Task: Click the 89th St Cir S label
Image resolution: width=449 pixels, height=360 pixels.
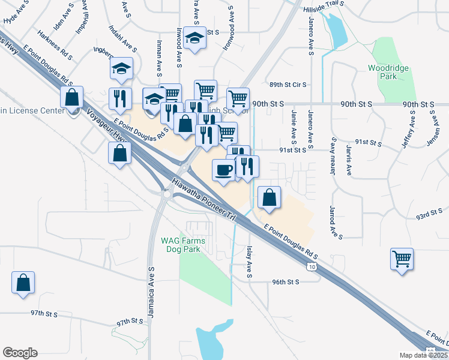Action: coord(288,85)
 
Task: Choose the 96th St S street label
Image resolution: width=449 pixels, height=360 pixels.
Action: coord(285,281)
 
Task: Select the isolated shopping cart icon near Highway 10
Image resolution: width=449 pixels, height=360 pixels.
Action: coord(402,259)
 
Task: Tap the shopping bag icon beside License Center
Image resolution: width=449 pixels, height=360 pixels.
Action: coord(72,97)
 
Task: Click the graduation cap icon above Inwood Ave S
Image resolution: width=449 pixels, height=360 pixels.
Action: coord(194,38)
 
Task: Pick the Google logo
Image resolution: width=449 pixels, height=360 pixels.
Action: coord(20,353)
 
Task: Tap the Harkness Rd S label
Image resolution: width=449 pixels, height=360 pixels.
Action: coord(55,45)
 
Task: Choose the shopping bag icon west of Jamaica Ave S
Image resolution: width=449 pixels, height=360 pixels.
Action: coord(23,282)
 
